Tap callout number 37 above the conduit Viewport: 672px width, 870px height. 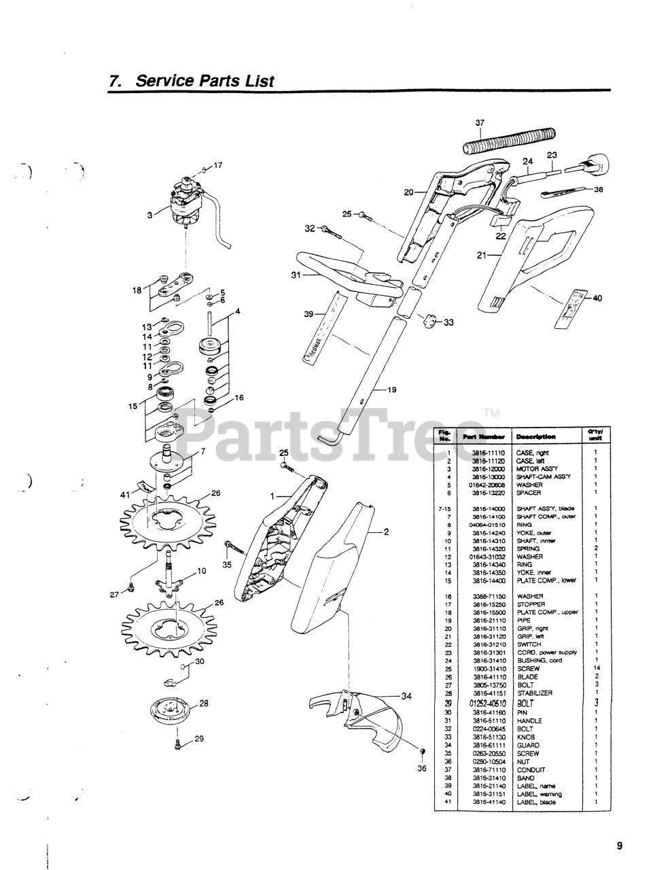click(480, 123)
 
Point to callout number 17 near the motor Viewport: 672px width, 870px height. click(217, 165)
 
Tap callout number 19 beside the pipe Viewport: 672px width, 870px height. click(391, 390)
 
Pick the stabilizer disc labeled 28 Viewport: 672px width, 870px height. click(172, 714)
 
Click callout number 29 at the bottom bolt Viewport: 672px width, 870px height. click(199, 739)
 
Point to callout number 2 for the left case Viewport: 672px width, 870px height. click(385, 532)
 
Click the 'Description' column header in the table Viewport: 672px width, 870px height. click(535, 436)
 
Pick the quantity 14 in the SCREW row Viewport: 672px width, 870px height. click(595, 669)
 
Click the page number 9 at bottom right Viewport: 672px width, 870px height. click(620, 846)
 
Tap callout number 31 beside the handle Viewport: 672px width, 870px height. click(296, 275)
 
